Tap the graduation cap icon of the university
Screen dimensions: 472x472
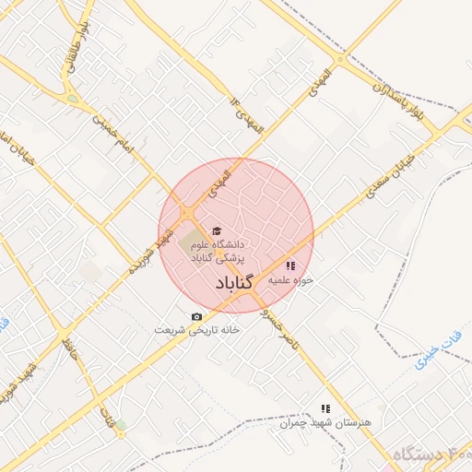pyautogui.click(x=217, y=231)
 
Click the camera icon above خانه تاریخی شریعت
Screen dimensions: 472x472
pyautogui.click(x=195, y=317)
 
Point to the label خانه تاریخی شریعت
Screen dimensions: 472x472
pyautogui.click(x=197, y=330)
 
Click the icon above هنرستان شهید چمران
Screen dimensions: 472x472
pyautogui.click(x=324, y=407)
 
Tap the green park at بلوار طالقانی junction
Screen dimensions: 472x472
pyautogui.click(x=72, y=98)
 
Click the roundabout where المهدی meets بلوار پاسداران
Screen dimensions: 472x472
pyautogui.click(x=341, y=61)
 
